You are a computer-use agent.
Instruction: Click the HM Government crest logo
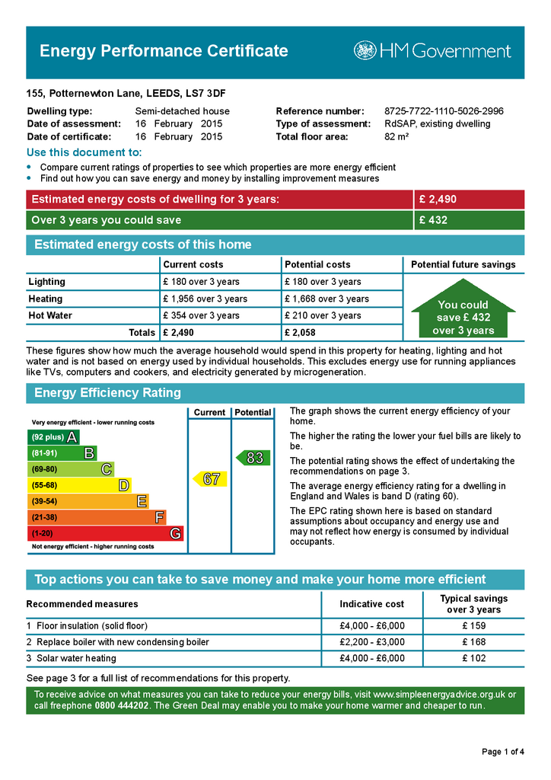[x=365, y=51]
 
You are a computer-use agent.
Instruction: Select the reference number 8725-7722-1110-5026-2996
[x=444, y=111]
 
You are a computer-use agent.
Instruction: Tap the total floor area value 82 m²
[x=397, y=137]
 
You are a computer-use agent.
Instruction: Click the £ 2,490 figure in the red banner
[x=438, y=200]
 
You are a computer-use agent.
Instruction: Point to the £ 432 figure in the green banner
[x=433, y=220]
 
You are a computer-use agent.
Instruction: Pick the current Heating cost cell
[x=205, y=299]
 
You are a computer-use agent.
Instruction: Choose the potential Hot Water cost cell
[x=322, y=315]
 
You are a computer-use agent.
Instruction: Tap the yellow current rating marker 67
[x=210, y=479]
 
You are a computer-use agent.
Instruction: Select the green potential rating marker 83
[x=253, y=458]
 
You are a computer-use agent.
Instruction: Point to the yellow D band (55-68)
[x=79, y=485]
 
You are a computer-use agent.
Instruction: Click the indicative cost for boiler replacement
[x=372, y=642]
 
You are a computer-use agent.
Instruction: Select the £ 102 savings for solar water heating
[x=473, y=658]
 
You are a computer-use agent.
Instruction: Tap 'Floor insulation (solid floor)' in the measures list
[x=92, y=626]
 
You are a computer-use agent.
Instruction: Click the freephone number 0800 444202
[x=122, y=706]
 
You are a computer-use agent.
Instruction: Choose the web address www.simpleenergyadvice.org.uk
[x=439, y=695]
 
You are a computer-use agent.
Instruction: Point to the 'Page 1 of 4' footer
[x=502, y=752]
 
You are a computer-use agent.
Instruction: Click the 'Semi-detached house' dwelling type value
[x=182, y=111]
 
